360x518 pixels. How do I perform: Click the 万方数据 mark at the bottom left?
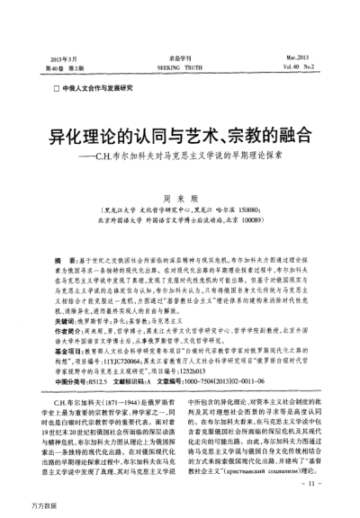coord(20,507)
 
